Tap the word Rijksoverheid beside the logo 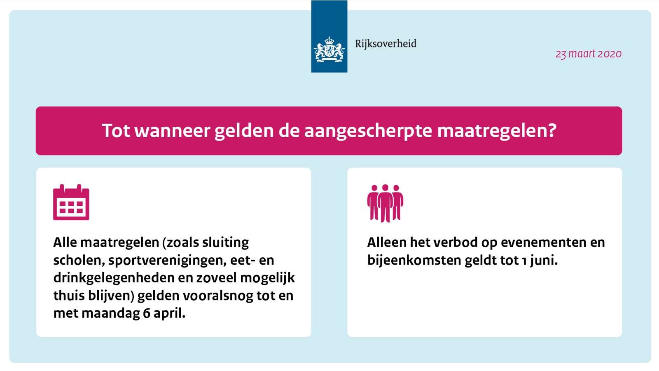point(386,44)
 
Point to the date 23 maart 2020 point(589,54)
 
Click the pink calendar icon point(71,202)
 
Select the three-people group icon point(385,203)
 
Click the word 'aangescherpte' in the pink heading point(368,130)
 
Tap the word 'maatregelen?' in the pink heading point(497,130)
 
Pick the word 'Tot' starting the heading point(116,130)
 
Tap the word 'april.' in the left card point(169,314)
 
